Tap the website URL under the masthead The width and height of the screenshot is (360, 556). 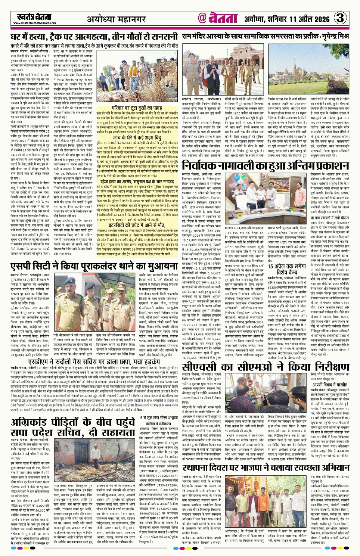35,23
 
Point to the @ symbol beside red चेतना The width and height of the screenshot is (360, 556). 202,18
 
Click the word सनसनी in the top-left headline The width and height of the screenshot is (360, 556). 160,37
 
